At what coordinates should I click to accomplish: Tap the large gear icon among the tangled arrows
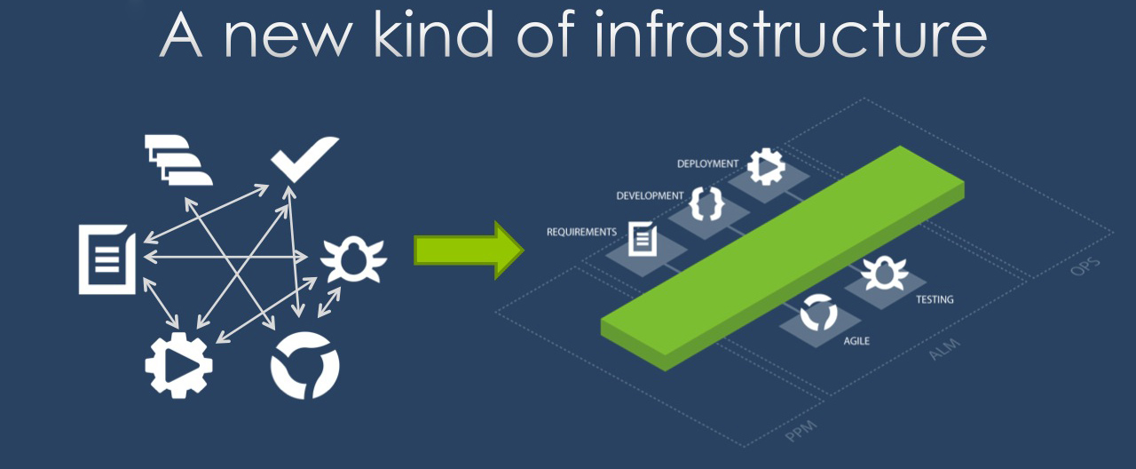pyautogui.click(x=178, y=362)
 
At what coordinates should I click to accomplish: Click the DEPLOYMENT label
pyautogui.click(x=707, y=164)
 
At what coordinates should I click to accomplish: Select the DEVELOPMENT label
pyautogui.click(x=651, y=195)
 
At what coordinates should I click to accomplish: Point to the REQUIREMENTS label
pyautogui.click(x=581, y=232)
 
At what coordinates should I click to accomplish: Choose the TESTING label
pyautogui.click(x=935, y=300)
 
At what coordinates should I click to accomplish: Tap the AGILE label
pyautogui.click(x=856, y=340)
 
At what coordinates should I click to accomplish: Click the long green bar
pyautogui.click(x=781, y=258)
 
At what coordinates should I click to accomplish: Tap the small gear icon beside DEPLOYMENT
pyautogui.click(x=766, y=166)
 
